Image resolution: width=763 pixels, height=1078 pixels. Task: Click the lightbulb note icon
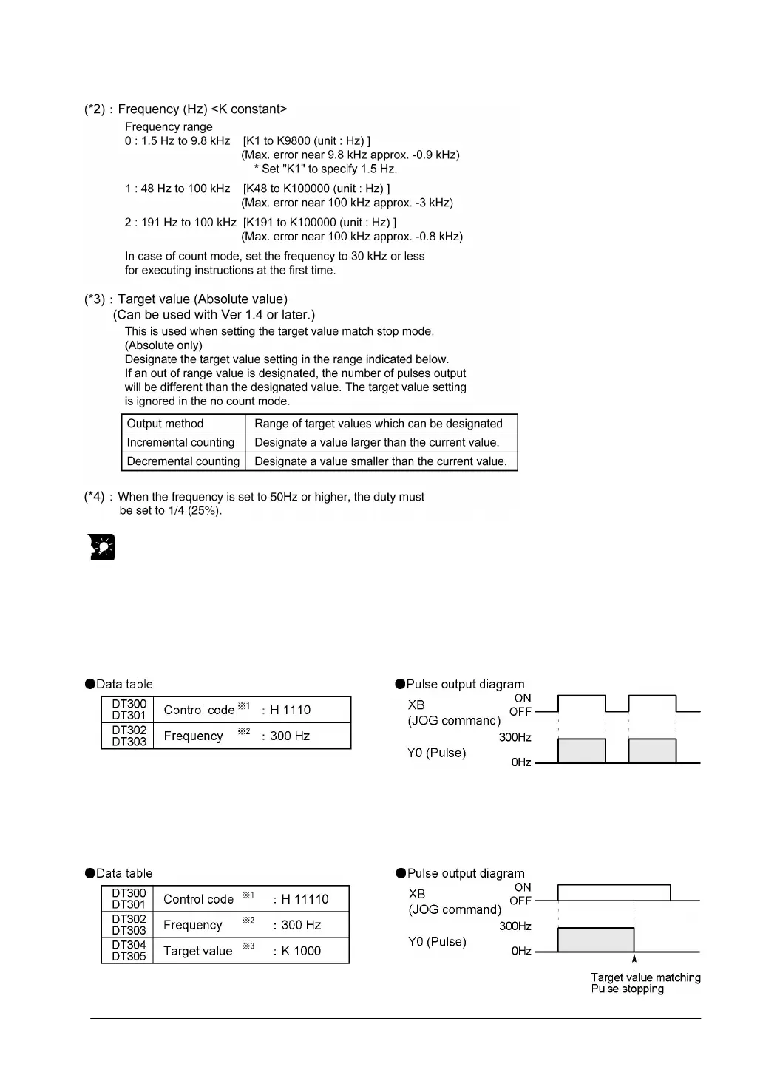103,547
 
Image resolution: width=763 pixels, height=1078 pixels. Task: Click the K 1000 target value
300,951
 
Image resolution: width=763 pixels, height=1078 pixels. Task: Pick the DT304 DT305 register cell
129,951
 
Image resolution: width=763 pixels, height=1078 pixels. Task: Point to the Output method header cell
166,424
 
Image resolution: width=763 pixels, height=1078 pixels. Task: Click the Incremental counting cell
181,442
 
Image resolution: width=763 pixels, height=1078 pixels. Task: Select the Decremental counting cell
183,461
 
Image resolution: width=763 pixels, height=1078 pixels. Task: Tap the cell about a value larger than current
377,442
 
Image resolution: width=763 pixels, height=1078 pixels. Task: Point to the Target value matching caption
645,977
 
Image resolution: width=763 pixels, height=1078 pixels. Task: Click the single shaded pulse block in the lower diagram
596,940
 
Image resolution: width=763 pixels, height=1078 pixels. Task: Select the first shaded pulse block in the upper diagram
581,750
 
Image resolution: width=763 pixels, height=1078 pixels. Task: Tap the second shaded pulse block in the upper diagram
652,750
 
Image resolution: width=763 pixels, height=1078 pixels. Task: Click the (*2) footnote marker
94,109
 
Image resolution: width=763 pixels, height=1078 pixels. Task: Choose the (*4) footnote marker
94,497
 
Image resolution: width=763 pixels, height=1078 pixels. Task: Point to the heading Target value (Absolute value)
203,299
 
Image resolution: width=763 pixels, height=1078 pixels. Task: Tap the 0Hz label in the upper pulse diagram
521,762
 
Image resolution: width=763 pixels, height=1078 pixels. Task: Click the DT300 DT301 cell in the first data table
129,710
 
